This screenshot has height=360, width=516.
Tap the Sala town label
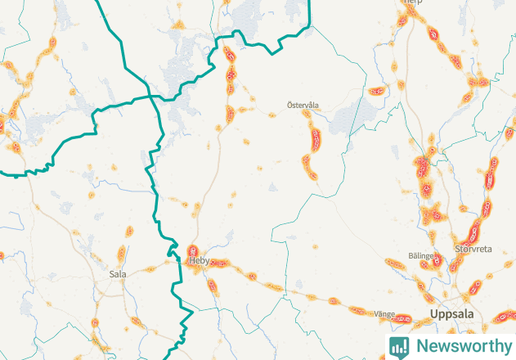click(117, 274)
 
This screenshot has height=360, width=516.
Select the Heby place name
click(200, 261)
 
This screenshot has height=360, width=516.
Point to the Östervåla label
click(302, 105)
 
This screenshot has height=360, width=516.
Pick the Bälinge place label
click(420, 256)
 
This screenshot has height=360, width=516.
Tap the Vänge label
click(384, 313)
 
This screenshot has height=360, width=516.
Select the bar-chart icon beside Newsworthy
click(399, 345)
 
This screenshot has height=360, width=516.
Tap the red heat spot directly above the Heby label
click(193, 250)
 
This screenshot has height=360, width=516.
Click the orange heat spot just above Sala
click(121, 254)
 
